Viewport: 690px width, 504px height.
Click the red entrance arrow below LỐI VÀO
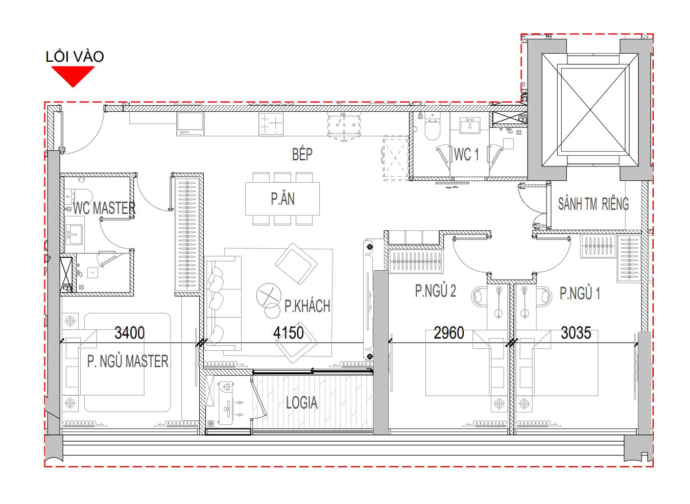tap(73, 76)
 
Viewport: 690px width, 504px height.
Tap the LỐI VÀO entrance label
tap(75, 57)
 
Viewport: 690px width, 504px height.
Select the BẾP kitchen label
tap(302, 154)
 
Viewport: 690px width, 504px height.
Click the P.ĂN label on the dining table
tap(283, 199)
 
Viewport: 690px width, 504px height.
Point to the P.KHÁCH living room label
tap(307, 306)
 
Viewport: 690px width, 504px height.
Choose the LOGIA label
tap(301, 403)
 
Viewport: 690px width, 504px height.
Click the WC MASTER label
tap(104, 208)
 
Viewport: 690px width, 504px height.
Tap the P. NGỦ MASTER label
tap(128, 362)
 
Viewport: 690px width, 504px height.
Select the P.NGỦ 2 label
tap(435, 291)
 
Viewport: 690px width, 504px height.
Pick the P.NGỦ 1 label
tap(580, 293)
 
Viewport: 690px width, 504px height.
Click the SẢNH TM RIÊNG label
tap(593, 204)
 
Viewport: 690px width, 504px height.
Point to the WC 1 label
tap(466, 154)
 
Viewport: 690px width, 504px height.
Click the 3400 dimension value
tap(130, 333)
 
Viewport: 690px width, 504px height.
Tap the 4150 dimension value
tap(289, 333)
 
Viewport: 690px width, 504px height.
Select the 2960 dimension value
tap(449, 333)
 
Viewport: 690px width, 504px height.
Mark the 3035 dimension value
tap(576, 333)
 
